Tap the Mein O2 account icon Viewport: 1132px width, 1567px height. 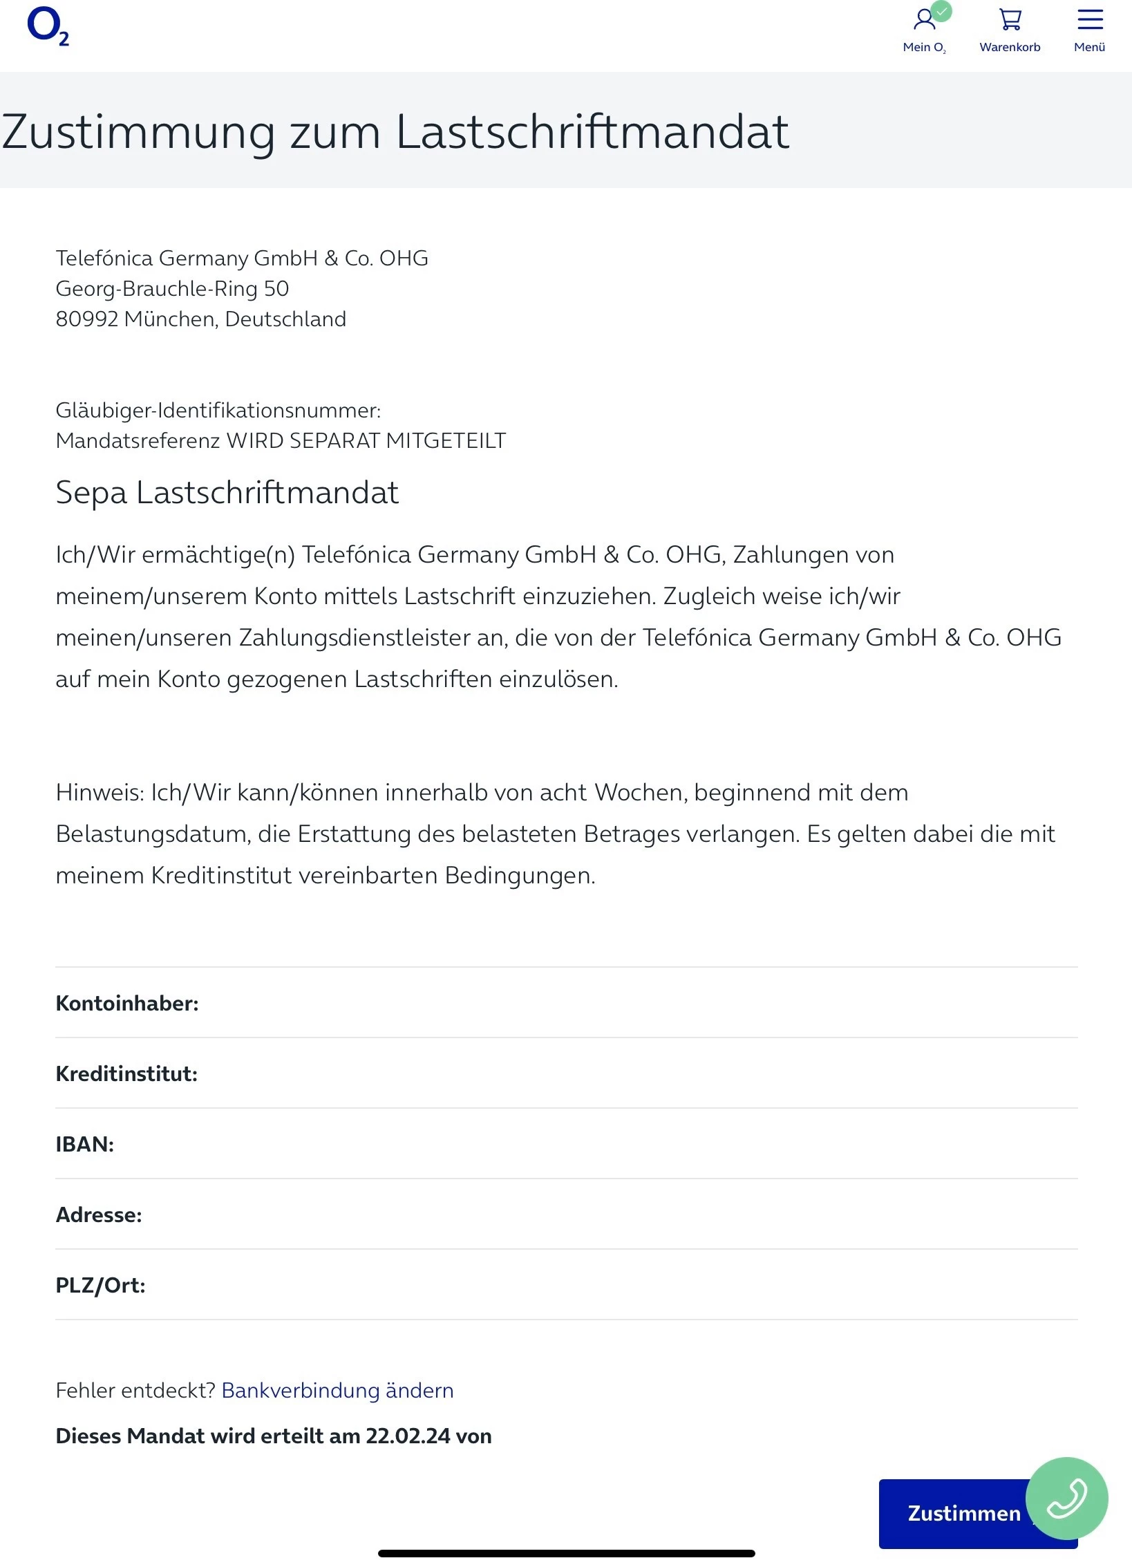[924, 20]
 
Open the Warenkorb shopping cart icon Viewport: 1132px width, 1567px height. [1010, 20]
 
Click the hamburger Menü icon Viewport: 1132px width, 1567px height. [1090, 20]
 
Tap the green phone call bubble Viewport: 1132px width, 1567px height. [1066, 1498]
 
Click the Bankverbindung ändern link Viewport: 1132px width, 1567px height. [337, 1390]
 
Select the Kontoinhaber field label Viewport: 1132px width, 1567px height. [127, 1003]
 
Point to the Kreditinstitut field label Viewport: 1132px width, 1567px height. [126, 1073]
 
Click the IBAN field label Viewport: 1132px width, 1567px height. [84, 1144]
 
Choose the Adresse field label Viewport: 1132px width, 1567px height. [99, 1214]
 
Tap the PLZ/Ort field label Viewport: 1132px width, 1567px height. [100, 1285]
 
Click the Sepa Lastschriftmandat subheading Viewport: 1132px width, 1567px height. [227, 493]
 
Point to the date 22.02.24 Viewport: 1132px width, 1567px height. [408, 1436]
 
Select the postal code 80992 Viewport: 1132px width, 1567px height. [86, 319]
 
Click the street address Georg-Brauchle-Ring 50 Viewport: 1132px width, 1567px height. [172, 289]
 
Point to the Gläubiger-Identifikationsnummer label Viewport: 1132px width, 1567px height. [218, 411]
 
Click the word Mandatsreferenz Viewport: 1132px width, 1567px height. [138, 441]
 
